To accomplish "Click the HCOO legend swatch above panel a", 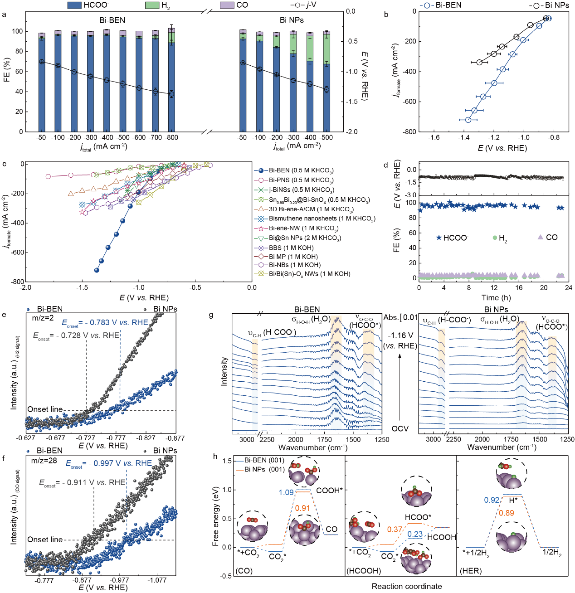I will tap(74, 5).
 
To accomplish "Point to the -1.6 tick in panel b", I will tap(434, 137).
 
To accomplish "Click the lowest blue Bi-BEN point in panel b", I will tap(468, 120).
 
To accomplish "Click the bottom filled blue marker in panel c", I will tap(97, 270).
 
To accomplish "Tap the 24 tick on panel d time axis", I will tap(569, 287).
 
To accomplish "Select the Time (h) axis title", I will tap(496, 297).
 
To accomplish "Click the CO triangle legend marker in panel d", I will tap(540, 237).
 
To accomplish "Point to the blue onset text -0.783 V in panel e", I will tap(105, 322).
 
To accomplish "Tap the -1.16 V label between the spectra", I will tap(400, 335).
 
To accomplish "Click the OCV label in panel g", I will tap(400, 428).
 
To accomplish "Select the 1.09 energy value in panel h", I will tap(286, 492).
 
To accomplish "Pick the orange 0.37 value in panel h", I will tap(395, 530).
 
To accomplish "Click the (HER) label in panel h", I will tap(471, 570).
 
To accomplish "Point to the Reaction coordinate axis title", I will tap(407, 586).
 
